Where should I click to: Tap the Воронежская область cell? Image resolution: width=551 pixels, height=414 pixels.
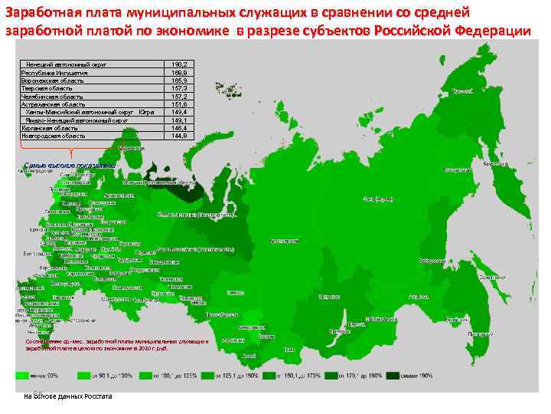[51, 80]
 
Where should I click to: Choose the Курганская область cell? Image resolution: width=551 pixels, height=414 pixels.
[49, 127]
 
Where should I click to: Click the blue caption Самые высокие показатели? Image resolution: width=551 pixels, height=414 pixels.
[59, 165]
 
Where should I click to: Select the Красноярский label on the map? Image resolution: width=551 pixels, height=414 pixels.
[283, 240]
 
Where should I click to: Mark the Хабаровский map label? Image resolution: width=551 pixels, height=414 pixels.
[420, 296]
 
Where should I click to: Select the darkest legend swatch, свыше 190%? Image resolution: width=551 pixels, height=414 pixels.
[393, 376]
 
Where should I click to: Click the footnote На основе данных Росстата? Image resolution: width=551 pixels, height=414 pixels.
[68, 396]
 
